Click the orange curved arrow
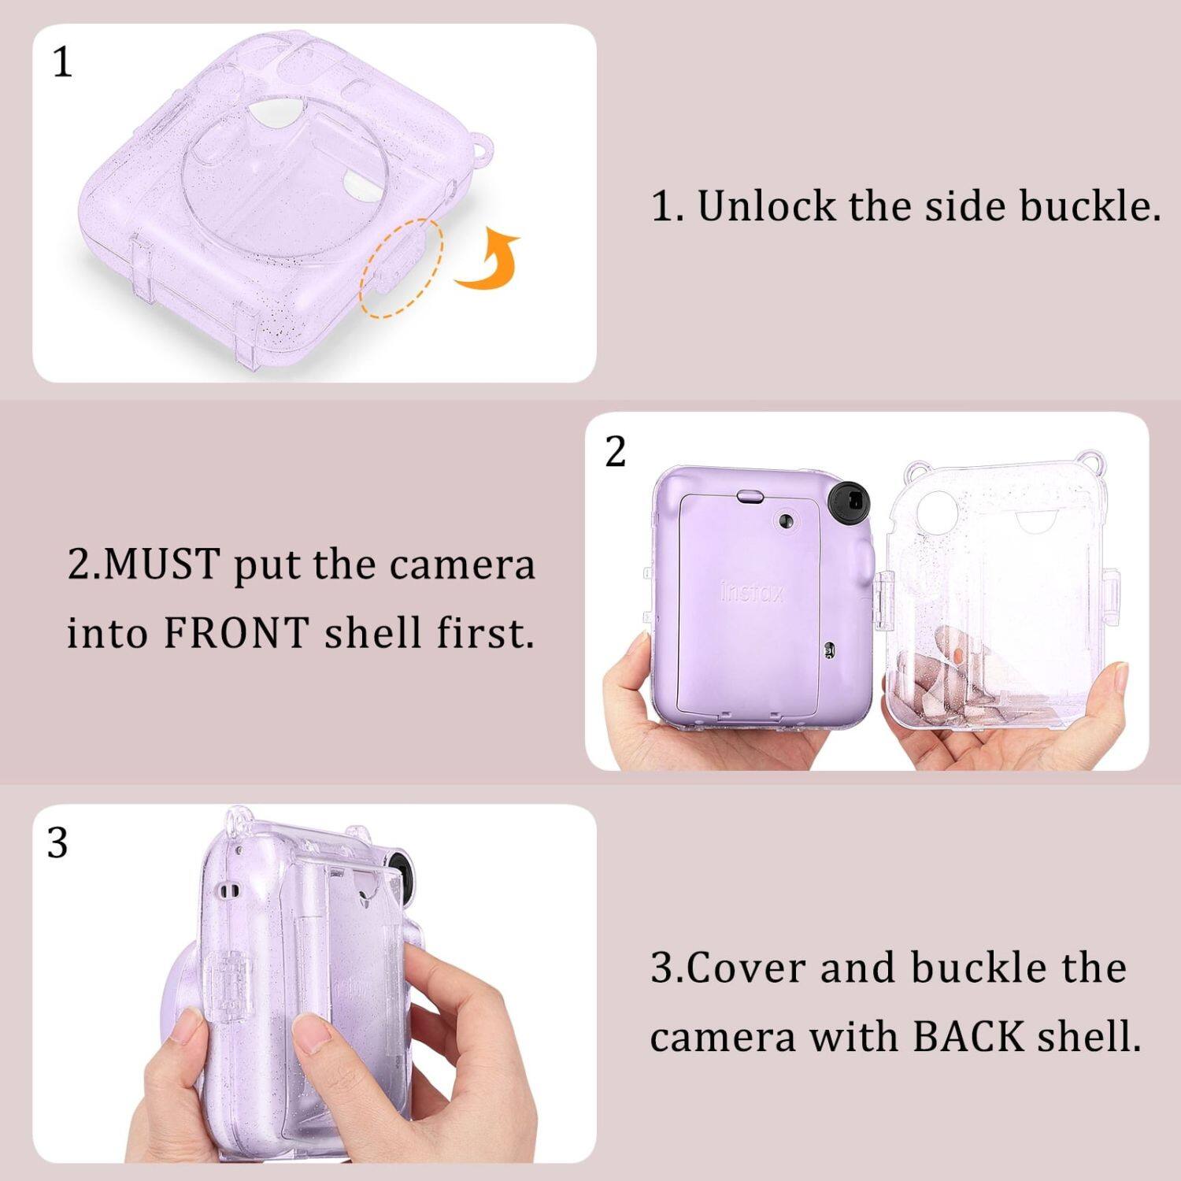pos(490,261)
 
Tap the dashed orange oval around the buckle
pos(402,267)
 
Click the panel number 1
pos(62,62)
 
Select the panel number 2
pos(616,452)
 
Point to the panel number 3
pos(57,844)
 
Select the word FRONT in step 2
pos(236,633)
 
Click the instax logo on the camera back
pos(752,592)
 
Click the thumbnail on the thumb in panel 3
pos(313,1029)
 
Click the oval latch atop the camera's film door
pos(750,496)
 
